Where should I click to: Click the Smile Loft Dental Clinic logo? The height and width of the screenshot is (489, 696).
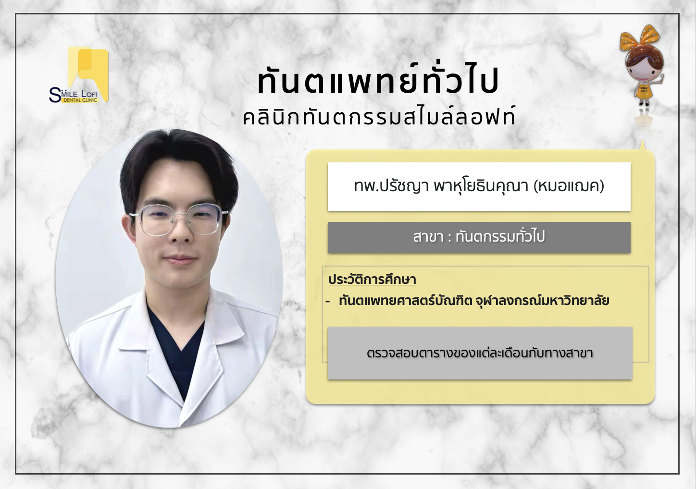pyautogui.click(x=79, y=75)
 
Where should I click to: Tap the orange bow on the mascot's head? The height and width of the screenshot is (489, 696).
pyautogui.click(x=637, y=38)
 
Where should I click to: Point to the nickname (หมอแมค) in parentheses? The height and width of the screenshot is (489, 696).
pyautogui.click(x=569, y=186)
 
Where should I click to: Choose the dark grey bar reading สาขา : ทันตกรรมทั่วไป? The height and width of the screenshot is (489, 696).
pyautogui.click(x=479, y=237)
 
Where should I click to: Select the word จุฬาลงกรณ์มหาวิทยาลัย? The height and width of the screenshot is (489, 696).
pyautogui.click(x=542, y=301)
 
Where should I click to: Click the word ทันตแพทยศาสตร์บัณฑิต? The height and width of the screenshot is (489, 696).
pyautogui.click(x=406, y=301)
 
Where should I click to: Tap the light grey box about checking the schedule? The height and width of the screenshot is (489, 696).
pyautogui.click(x=480, y=353)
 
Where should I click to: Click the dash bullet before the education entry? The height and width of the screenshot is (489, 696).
pyautogui.click(x=327, y=301)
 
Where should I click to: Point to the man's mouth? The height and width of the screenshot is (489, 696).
pyautogui.click(x=180, y=259)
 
